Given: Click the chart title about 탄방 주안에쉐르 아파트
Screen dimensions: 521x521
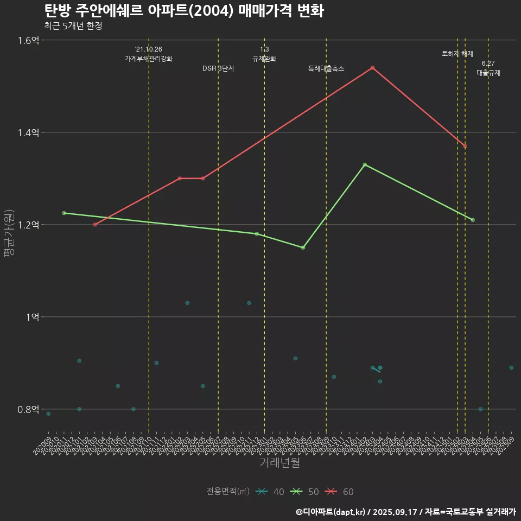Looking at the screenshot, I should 183,11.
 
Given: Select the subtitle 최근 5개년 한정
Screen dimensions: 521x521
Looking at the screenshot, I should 73,26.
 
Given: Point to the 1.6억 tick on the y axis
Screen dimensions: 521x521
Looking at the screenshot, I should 28,40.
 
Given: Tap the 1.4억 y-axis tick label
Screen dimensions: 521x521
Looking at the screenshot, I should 28,132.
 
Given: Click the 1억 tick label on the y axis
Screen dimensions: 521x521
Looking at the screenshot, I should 31,317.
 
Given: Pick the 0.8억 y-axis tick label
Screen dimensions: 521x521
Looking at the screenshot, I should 28,409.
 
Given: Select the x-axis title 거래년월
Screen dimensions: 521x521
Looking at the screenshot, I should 279,463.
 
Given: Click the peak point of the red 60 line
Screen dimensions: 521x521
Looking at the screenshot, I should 372,68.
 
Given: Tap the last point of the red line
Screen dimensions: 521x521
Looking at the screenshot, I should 465,146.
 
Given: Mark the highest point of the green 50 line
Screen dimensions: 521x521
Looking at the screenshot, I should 365,164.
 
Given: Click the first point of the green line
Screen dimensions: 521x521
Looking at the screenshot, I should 64,213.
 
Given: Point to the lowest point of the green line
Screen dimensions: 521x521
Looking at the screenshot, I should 303,247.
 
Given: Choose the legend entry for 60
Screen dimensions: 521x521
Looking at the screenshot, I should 340,492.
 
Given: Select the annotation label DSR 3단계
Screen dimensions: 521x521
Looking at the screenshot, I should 218,68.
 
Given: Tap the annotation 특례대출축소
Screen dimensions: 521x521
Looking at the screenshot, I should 326,68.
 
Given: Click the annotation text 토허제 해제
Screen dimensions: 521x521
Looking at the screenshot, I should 458,54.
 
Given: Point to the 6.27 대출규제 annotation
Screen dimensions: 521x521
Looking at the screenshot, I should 488,68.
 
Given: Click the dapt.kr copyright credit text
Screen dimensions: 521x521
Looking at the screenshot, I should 405,512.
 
